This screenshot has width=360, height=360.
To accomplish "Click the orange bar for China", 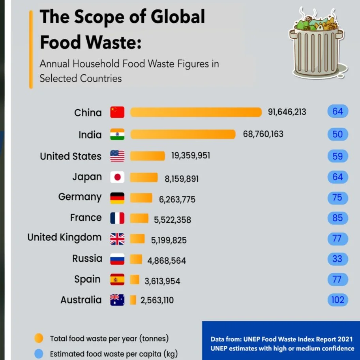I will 196,112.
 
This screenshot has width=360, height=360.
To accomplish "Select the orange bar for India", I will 183,134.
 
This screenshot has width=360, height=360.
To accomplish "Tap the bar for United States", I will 147,156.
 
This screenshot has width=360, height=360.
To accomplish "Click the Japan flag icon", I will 117,177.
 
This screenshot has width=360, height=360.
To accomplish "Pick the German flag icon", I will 117,197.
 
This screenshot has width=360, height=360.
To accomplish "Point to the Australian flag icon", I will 117,300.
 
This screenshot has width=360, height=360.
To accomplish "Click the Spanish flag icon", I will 117,279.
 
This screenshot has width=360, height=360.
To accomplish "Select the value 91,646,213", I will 287,112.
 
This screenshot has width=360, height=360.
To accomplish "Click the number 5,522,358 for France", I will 172,219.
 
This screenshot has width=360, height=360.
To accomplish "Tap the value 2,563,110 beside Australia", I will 157,300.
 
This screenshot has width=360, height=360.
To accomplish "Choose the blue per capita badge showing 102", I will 337,300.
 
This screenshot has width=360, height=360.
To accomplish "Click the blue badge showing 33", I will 337,259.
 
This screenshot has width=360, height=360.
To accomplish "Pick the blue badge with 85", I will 337,218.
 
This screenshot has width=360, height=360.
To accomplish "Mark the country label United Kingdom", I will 64,238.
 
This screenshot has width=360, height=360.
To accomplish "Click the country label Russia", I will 87,259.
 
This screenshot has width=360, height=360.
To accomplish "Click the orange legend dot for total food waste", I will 39,338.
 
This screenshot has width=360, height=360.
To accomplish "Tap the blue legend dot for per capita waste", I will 39,354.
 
